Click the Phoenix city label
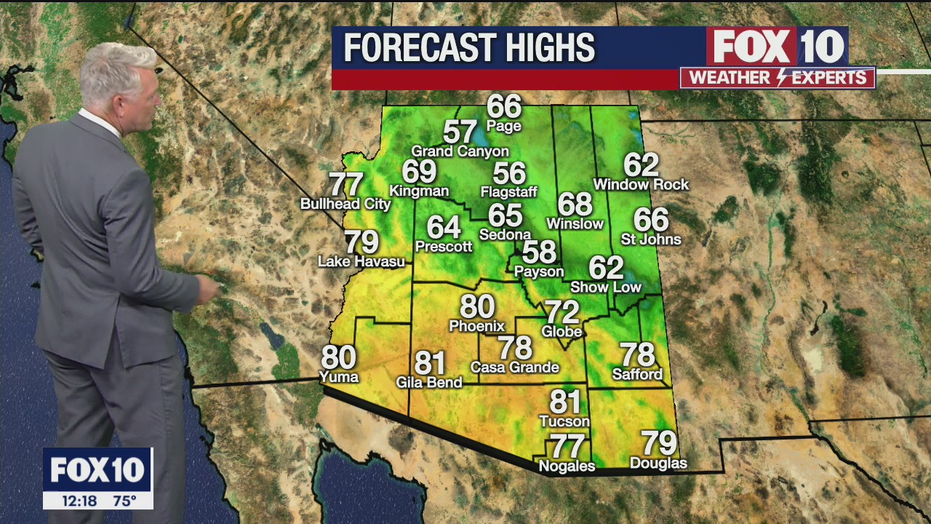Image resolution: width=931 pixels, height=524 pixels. pyautogui.click(x=476, y=325)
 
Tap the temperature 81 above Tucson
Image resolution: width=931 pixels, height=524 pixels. pyautogui.click(x=564, y=402)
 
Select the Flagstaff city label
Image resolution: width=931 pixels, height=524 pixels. pyautogui.click(x=508, y=192)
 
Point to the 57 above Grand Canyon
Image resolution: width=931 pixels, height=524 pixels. pyautogui.click(x=460, y=132)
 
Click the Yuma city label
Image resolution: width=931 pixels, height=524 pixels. pyautogui.click(x=339, y=376)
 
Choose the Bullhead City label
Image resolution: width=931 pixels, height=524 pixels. pyautogui.click(x=345, y=204)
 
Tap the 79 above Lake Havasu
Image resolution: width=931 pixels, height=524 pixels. pyautogui.click(x=361, y=241)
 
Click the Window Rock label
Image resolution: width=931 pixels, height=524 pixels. pyautogui.click(x=641, y=184)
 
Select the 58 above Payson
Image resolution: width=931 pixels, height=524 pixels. pyautogui.click(x=539, y=252)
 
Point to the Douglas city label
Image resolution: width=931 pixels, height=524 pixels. pyautogui.click(x=658, y=463)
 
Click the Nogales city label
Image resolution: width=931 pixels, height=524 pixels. pyautogui.click(x=567, y=466)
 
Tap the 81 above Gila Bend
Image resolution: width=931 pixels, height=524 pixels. pyautogui.click(x=429, y=362)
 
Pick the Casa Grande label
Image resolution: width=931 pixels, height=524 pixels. pyautogui.click(x=514, y=367)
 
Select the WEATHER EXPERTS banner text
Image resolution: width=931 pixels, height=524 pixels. pyautogui.click(x=778, y=78)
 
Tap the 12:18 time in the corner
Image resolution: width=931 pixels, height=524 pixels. pyautogui.click(x=81, y=501)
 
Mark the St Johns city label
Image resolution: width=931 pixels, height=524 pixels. pyautogui.click(x=651, y=239)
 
